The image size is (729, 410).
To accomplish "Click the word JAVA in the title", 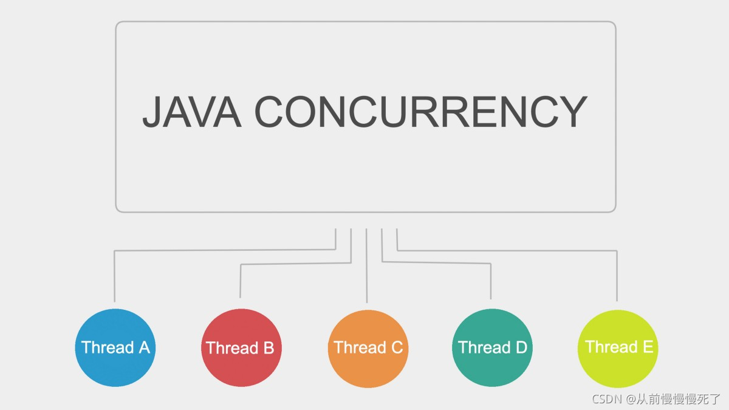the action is [x=191, y=112].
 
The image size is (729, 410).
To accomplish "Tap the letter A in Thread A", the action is [x=143, y=347].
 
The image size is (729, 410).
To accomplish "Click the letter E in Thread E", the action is [x=648, y=347].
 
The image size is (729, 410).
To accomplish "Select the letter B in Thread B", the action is [x=269, y=348].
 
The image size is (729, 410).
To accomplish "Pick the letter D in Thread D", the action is [x=521, y=347].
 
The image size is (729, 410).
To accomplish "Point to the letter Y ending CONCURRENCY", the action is [x=571, y=112].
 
